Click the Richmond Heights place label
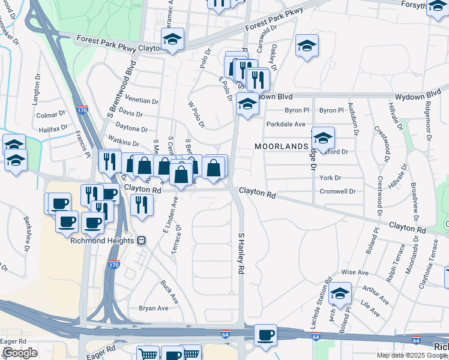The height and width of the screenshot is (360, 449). [x=103, y=241]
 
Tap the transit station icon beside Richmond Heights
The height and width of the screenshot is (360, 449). [x=142, y=241]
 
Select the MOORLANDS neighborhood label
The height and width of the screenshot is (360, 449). [x=281, y=146]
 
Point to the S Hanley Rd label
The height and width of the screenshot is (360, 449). [x=241, y=254]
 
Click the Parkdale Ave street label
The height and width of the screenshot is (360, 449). [x=286, y=125]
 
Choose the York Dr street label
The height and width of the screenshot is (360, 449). [x=330, y=178]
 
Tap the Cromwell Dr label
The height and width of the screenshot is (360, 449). [x=337, y=192]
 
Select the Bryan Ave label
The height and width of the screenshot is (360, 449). [x=154, y=308]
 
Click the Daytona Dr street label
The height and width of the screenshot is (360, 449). [x=131, y=129]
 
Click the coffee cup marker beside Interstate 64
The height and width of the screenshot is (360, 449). [x=265, y=335]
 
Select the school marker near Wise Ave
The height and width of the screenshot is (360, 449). [x=340, y=293]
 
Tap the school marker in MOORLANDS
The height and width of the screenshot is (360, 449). [x=323, y=139]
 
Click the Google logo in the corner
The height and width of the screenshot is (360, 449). [x=19, y=353]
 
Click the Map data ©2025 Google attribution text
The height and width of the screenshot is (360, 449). [x=412, y=355]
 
